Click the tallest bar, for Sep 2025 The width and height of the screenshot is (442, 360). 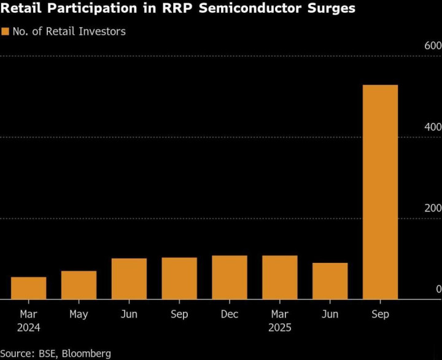380,192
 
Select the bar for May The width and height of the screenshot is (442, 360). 79,285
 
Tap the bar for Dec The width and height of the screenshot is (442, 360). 230,277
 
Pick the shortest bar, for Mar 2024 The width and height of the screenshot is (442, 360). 28,288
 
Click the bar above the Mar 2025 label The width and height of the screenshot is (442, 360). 280,277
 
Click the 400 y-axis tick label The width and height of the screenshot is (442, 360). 433,127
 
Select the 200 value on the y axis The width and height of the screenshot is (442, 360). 433,208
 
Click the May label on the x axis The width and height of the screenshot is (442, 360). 79,315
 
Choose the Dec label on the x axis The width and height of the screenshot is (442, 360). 230,315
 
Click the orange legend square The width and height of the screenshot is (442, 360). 6,31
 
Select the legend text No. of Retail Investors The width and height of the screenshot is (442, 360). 69,31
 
